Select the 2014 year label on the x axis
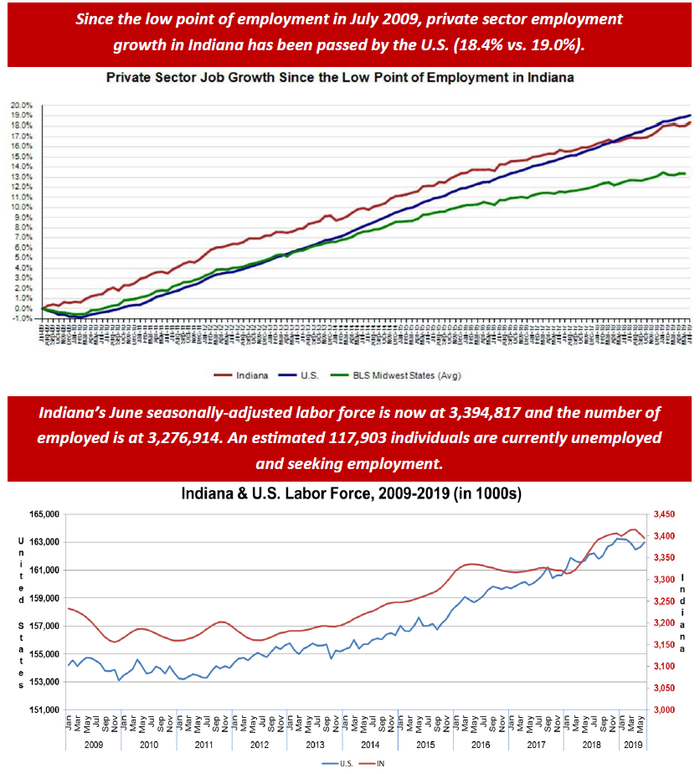(371, 744)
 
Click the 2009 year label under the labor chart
(93, 744)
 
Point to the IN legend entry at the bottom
(379, 763)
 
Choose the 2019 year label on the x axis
(632, 744)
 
